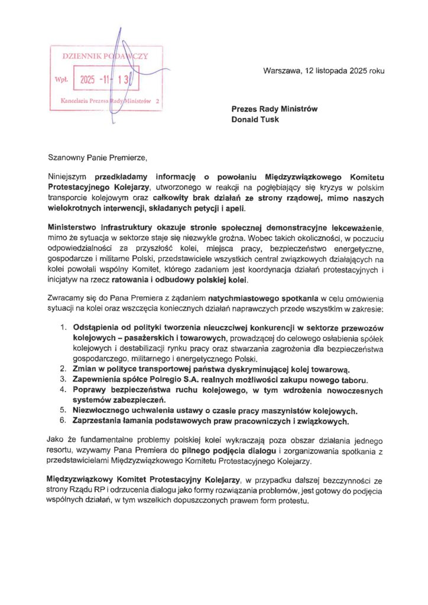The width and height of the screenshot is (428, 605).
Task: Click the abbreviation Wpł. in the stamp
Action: coord(61,79)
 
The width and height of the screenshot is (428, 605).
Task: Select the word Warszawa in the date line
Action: coord(282,71)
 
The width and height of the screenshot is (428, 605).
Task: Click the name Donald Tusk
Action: coord(255,119)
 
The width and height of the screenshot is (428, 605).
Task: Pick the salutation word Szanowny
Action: coord(69,158)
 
